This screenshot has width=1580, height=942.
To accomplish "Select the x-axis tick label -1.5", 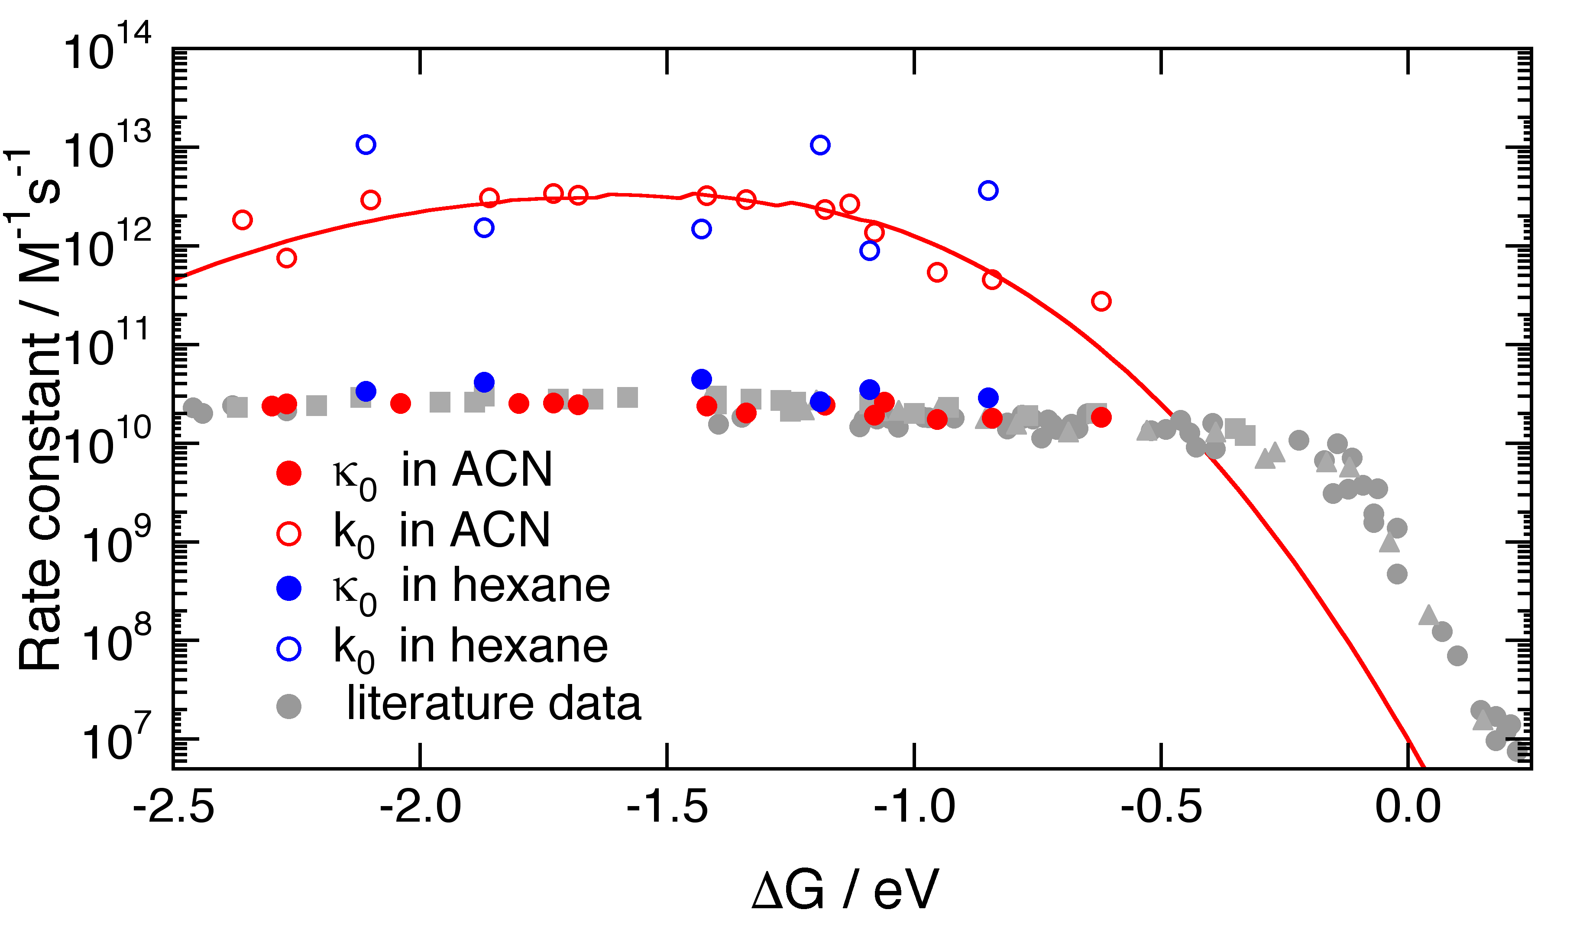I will [667, 809].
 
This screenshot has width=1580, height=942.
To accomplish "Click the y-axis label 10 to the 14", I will [107, 49].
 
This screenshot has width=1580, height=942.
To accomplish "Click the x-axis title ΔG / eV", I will [845, 890].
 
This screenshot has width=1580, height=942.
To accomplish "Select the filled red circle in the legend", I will [289, 473].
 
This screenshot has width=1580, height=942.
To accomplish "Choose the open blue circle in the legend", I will [289, 649].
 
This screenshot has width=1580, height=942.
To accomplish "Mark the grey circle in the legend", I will [289, 706].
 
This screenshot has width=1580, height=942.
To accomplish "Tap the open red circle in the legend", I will [289, 533].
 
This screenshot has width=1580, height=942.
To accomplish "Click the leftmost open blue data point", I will [366, 145].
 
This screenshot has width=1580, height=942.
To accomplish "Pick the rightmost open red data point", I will [1101, 301].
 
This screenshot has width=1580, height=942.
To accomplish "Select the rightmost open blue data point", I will [988, 190].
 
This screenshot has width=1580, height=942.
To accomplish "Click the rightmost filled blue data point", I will [988, 398].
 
